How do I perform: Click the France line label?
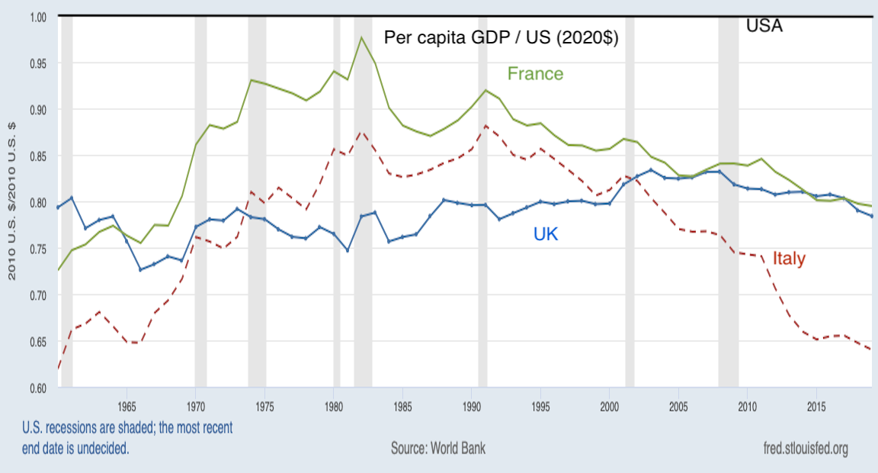tap(536, 74)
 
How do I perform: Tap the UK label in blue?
tap(546, 234)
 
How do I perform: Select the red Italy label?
tap(789, 259)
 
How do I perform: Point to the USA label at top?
tap(764, 26)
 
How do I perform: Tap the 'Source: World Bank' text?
tap(438, 448)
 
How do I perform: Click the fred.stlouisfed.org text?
tap(805, 448)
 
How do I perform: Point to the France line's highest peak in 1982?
tap(361, 37)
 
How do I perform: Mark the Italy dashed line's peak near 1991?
tap(485, 125)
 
